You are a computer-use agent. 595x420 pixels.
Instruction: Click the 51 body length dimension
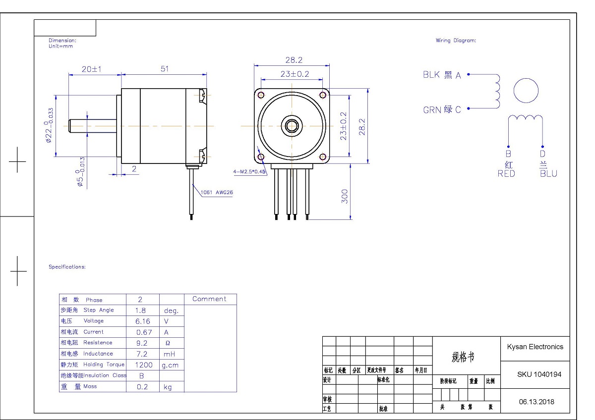coord(165,69)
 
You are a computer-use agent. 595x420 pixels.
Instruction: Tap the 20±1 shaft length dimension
coord(91,69)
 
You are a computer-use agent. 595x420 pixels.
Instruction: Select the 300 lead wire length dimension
coord(345,196)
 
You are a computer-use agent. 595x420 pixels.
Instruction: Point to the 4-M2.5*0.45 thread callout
coord(249,172)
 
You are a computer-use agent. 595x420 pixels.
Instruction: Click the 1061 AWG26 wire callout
coord(217,193)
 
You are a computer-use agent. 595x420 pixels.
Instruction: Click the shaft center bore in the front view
coord(292,126)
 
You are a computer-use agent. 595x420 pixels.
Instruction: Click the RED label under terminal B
coord(506,173)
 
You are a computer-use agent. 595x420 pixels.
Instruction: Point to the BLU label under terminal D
coord(548,173)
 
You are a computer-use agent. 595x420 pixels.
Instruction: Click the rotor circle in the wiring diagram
coord(526,91)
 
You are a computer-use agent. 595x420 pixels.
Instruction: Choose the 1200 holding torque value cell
coord(143,365)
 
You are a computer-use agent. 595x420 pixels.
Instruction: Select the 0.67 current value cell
coord(143,332)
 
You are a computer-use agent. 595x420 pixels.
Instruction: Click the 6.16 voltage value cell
coord(143,321)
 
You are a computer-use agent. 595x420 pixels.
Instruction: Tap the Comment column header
coord(209,299)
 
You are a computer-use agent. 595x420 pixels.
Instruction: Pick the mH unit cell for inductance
coord(169,354)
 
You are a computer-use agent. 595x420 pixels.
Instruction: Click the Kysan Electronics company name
coord(535,347)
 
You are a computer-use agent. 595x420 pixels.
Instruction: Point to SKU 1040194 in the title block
coord(539,374)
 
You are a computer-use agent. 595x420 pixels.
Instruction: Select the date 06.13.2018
coord(536,402)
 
